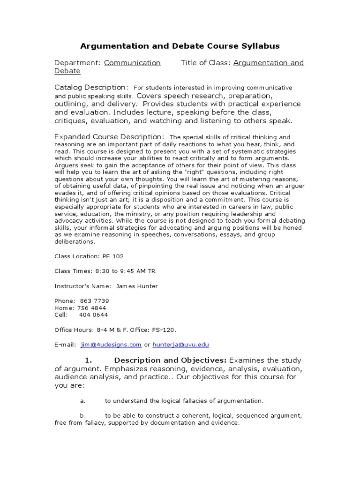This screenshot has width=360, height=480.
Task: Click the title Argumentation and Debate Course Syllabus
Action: point(180,46)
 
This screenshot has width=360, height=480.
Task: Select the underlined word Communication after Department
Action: point(132,63)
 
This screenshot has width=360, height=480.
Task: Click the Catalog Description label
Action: point(91,88)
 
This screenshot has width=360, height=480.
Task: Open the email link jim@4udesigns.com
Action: point(111,345)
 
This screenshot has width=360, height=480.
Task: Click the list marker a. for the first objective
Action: point(82,401)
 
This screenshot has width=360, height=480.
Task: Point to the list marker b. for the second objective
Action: point(82,415)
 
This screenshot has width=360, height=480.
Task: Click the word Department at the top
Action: point(77,63)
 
